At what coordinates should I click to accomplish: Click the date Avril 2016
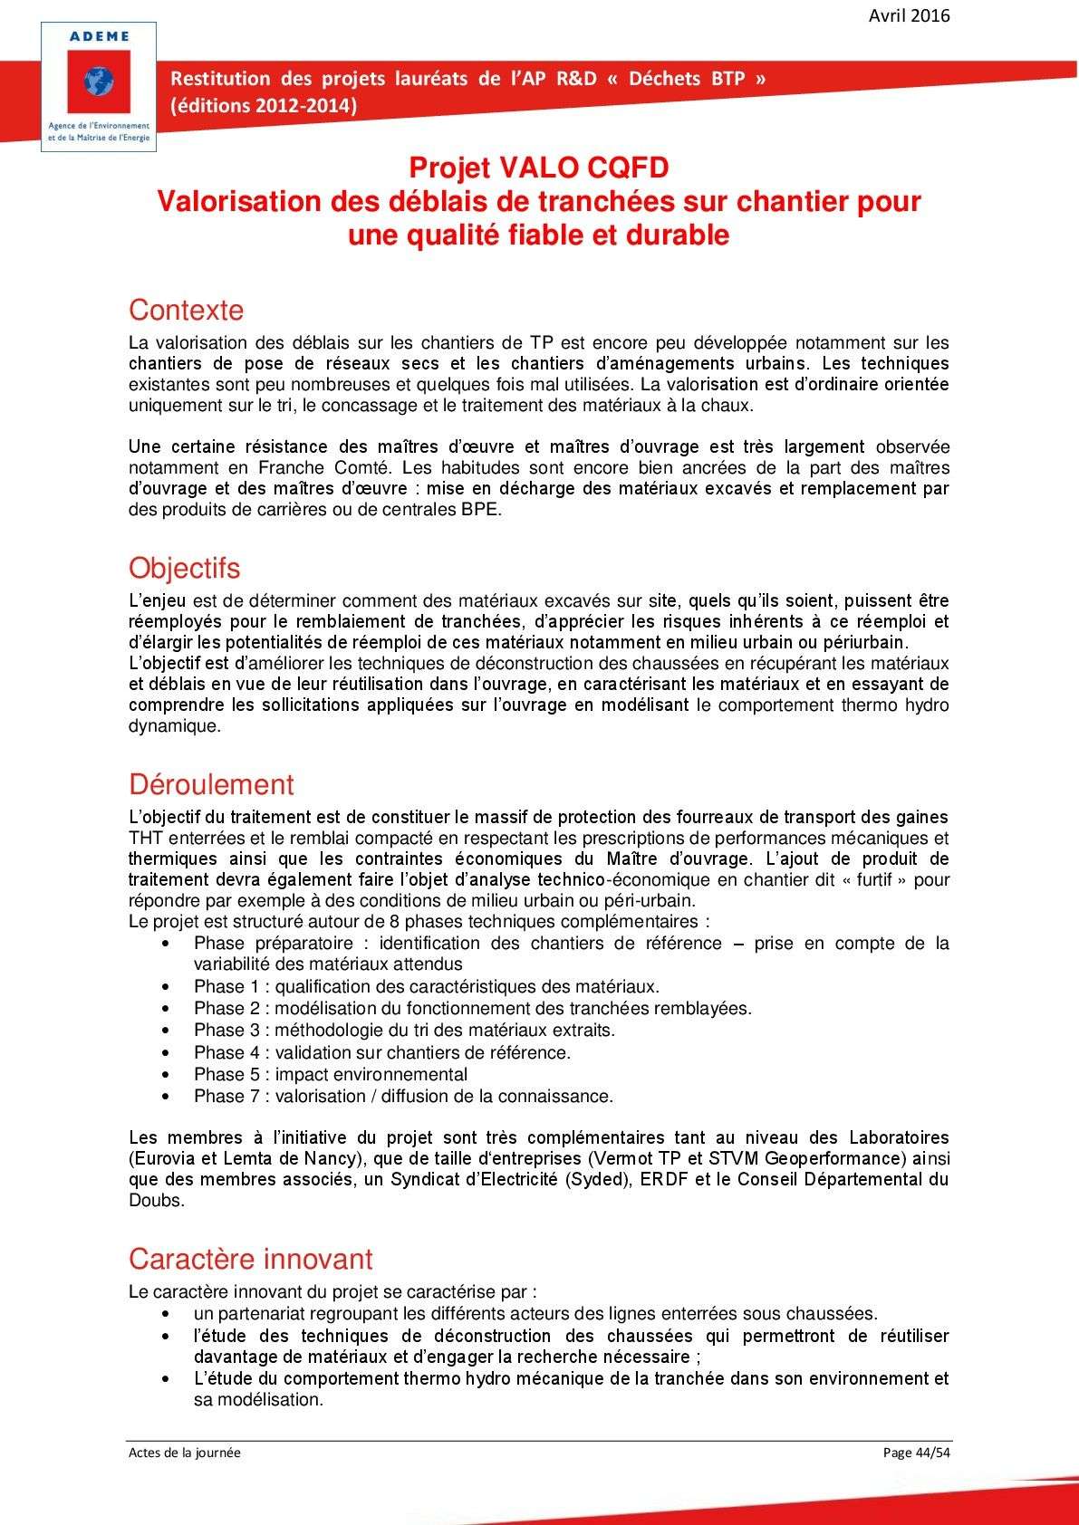pyautogui.click(x=909, y=15)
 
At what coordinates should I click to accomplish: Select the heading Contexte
pyautogui.click(x=186, y=310)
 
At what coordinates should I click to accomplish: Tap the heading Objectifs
pyautogui.click(x=184, y=568)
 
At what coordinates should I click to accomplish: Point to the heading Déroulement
pyautogui.click(x=211, y=784)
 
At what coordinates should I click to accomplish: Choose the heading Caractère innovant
pyautogui.click(x=250, y=1259)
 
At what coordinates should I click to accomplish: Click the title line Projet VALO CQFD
pyautogui.click(x=538, y=168)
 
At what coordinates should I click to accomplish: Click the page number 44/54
pyautogui.click(x=932, y=1453)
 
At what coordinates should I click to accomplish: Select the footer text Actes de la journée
pyautogui.click(x=185, y=1453)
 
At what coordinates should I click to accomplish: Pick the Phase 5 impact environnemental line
pyautogui.click(x=331, y=1074)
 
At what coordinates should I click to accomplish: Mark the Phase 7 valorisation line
pyautogui.click(x=403, y=1096)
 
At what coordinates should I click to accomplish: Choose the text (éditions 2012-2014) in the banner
pyautogui.click(x=264, y=105)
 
